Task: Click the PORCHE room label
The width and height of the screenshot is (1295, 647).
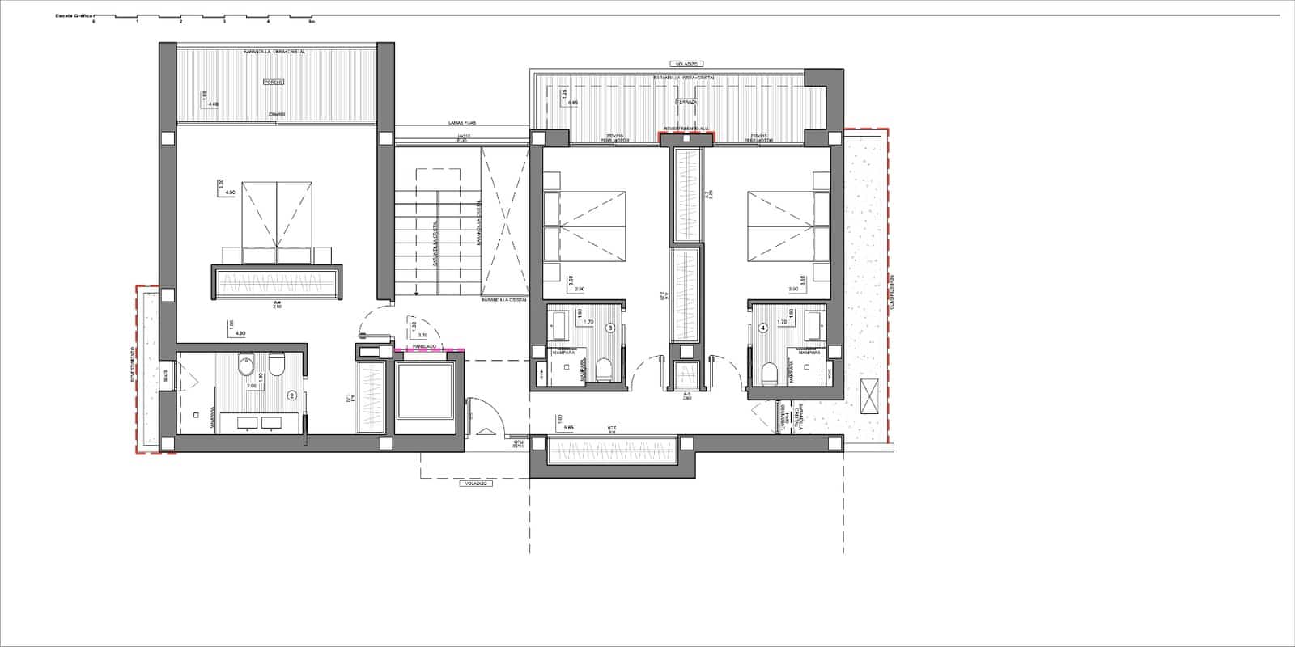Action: coord(273,82)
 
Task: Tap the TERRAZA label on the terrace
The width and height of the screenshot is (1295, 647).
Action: coord(686,103)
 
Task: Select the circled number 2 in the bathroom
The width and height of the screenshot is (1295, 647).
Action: coord(293,396)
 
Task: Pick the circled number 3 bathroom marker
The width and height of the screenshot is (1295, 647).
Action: coord(610,328)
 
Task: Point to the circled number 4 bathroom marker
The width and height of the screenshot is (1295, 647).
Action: coord(762,328)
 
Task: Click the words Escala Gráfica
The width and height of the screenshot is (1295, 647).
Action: coord(74,15)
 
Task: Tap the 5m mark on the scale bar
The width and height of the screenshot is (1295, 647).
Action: coord(312,22)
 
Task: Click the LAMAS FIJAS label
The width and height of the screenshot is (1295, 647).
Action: coord(462,123)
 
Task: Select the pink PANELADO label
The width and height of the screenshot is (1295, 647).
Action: coord(425,346)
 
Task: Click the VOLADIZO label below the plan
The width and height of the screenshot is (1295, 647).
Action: coord(474,484)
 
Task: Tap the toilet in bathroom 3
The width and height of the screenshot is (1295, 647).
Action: coord(603,372)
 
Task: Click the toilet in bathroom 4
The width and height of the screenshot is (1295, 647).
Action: coord(769,373)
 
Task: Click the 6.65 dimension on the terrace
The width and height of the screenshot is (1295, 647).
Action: coord(573,103)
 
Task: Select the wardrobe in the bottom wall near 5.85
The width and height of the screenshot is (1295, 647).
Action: coord(612,450)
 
